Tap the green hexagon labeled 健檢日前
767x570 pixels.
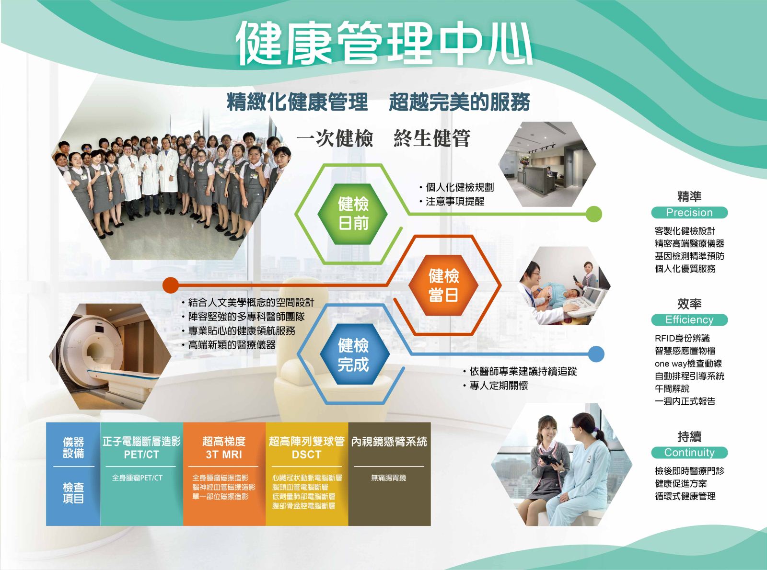coord(353,213)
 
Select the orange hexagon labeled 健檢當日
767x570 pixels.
coord(444,285)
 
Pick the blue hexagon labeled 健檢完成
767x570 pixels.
coord(353,354)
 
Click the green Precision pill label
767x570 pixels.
coord(689,213)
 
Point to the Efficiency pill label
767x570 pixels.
coord(689,320)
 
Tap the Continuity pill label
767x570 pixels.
coord(689,453)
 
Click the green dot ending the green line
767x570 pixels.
coord(594,214)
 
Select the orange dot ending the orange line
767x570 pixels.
coord(171,285)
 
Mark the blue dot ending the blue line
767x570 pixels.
coord(596,354)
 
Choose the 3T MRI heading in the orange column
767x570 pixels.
coord(224,455)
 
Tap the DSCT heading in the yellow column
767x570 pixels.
coord(306,455)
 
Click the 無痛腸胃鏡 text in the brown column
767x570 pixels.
coord(389,478)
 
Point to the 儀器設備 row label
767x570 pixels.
coord(73,447)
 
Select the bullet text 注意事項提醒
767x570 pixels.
coord(455,202)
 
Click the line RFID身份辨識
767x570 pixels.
coord(682,338)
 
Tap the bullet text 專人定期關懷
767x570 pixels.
coord(499,386)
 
